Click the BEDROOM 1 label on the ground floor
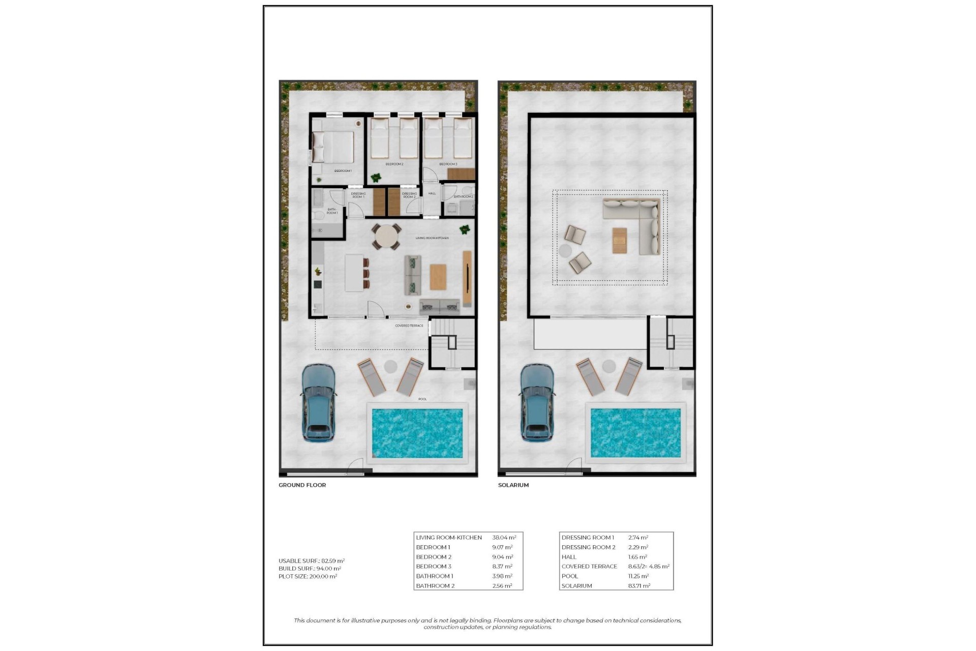[343, 171]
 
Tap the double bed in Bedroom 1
[333, 147]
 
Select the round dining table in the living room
[387, 237]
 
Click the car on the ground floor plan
[318, 402]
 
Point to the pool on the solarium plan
[635, 433]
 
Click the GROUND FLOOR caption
[302, 485]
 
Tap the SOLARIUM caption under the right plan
[513, 485]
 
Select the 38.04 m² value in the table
[504, 538]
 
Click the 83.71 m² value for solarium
[639, 586]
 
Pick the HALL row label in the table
[569, 557]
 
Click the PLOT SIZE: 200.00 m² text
[308, 577]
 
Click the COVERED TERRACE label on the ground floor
[409, 325]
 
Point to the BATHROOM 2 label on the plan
[463, 197]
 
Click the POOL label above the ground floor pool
[422, 399]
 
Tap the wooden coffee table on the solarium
[620, 240]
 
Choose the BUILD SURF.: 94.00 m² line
[310, 569]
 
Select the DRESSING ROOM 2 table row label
[588, 547]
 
